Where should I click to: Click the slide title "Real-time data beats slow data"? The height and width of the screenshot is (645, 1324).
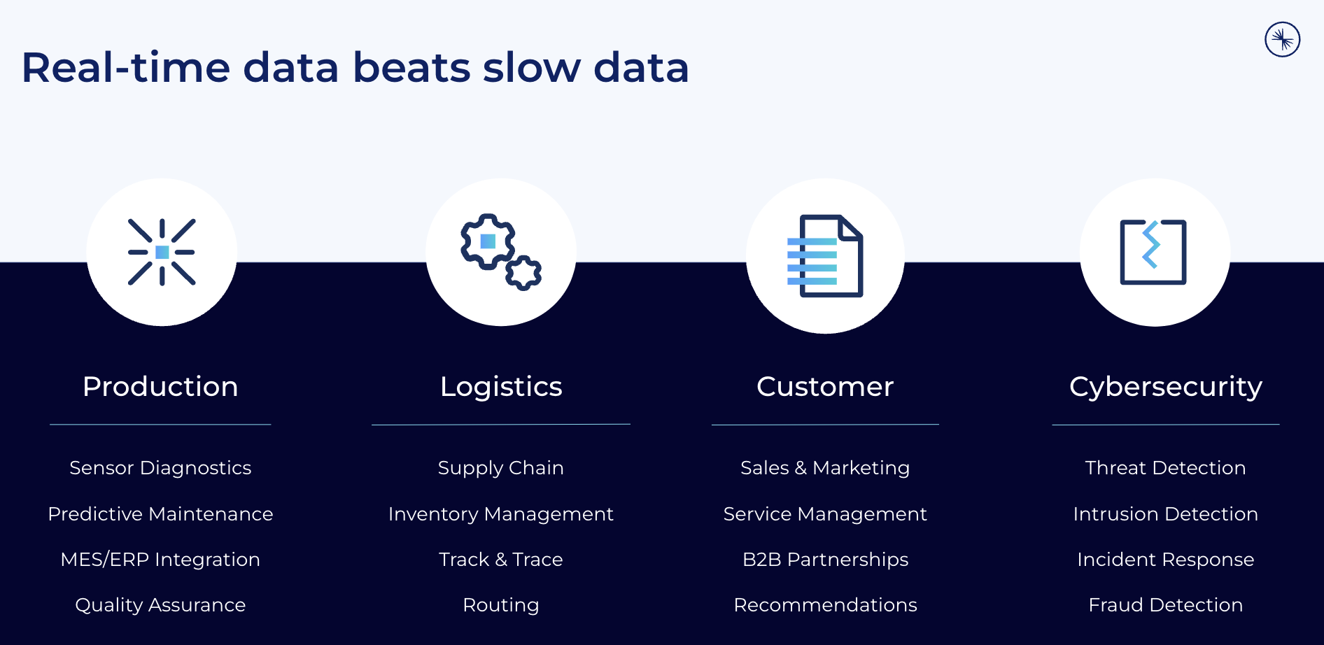pos(355,68)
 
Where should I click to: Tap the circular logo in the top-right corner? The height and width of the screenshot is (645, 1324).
pos(1282,39)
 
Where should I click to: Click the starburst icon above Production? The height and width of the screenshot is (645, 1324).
pos(162,252)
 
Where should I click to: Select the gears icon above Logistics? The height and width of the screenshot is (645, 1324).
pos(501,252)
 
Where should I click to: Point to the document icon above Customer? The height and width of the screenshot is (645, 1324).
pos(825,256)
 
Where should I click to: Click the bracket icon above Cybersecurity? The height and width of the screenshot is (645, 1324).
pos(1153,252)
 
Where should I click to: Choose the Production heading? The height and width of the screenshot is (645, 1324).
pos(160,387)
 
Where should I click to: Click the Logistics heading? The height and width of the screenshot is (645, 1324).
pos(501,388)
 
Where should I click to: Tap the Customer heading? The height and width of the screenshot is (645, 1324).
pos(825,387)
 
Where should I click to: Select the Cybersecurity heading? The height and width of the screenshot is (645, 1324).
pos(1166,388)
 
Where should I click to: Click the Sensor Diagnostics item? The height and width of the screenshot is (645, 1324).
pos(160,468)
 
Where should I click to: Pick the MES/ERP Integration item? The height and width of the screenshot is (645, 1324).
pos(160,560)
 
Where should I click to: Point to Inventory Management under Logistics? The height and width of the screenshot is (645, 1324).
pos(501,514)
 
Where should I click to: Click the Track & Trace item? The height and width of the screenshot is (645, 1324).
pos(501,560)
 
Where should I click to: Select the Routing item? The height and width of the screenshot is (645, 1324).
pos(501,605)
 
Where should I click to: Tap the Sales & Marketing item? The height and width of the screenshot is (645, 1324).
pos(825,468)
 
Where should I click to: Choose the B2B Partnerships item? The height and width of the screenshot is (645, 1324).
pos(825,560)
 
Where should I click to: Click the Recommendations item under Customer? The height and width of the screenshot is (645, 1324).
pos(825,605)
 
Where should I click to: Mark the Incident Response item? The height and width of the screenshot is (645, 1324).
pos(1166,560)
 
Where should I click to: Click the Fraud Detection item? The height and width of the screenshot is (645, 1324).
pos(1166,605)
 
